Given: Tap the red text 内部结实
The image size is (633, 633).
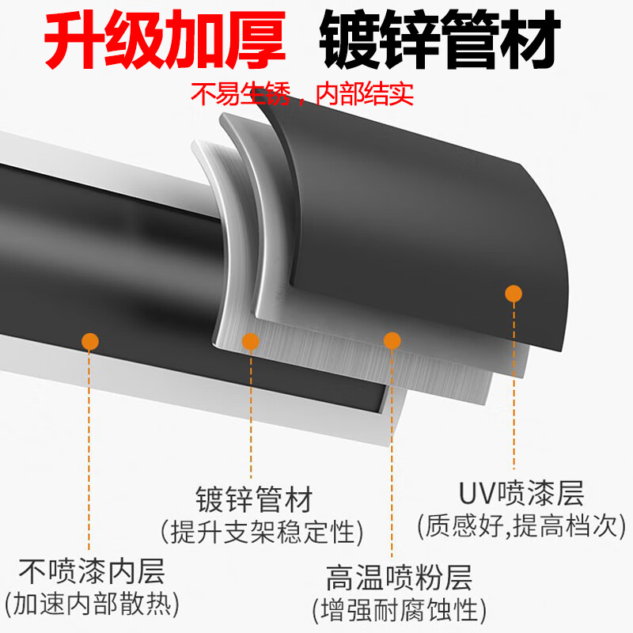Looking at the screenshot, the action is coord(364,95).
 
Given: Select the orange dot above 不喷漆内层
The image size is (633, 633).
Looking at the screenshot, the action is coord(90,341).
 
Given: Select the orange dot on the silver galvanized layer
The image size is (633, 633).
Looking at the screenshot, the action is coord(250,341).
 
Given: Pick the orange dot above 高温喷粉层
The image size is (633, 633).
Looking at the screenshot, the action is coord(392,340).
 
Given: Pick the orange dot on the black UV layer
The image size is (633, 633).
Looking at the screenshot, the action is coord(514,294).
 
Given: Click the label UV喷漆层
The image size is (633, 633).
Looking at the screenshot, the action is coord(521,495).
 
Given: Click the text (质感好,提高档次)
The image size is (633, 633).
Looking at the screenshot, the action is coord(521,525).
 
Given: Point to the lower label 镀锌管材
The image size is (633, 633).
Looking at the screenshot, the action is coord(254,500).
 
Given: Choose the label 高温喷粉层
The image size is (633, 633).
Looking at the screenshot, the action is coord(399,578).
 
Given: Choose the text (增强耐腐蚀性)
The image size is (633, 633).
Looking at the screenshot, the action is coord(399,609).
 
